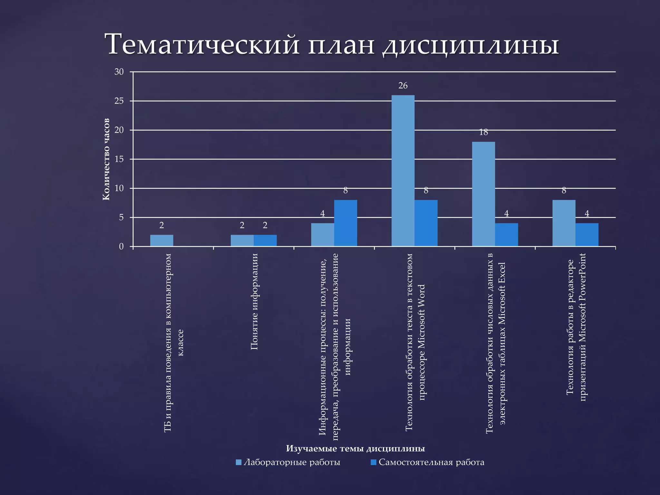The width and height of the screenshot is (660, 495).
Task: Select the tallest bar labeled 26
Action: tap(403, 171)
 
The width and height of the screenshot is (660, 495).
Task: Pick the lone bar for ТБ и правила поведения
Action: tap(162, 240)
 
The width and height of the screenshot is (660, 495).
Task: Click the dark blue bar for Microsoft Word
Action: tap(426, 223)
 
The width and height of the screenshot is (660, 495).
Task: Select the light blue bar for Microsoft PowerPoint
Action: tap(564, 223)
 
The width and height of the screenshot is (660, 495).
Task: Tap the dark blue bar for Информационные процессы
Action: tap(345, 223)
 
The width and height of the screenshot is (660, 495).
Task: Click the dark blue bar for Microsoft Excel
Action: tap(506, 235)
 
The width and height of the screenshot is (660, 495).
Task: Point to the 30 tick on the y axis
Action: tap(119, 72)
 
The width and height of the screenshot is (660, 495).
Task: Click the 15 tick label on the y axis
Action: tap(119, 159)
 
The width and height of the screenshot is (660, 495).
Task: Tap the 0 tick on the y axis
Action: tap(121, 247)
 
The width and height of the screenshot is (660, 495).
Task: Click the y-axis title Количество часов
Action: tap(106, 159)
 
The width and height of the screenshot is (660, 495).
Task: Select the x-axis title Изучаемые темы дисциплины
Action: tap(355, 448)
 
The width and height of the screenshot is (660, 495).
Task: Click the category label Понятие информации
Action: tap(254, 302)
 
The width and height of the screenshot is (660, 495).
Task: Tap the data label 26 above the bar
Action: tap(403, 86)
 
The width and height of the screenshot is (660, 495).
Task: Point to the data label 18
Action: tap(483, 132)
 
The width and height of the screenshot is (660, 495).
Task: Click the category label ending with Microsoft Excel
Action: tap(496, 343)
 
